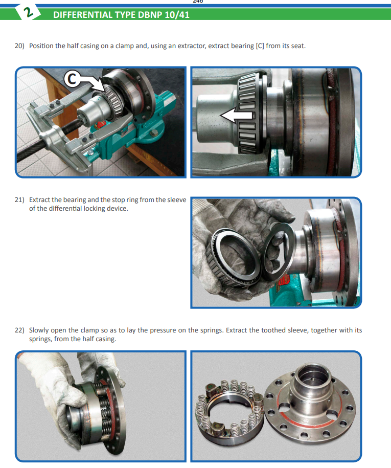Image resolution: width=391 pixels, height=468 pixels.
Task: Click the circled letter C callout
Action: (72, 79)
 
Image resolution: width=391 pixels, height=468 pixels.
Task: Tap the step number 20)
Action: (19, 46)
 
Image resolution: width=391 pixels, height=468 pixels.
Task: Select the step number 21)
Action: (19, 199)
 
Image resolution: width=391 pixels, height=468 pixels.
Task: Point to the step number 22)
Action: (19, 330)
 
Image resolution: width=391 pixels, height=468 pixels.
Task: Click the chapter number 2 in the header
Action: (28, 13)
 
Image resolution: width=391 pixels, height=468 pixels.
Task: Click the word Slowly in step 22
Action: (39, 330)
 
